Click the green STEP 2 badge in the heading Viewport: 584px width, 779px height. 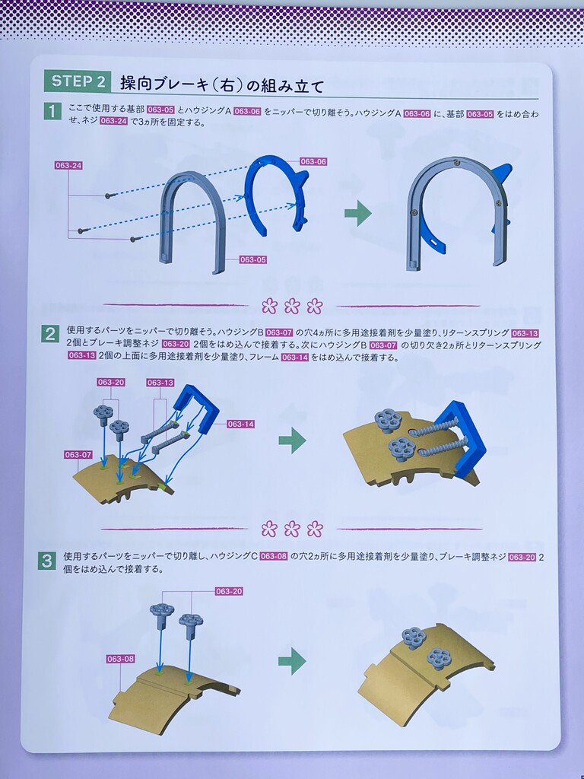coord(78,81)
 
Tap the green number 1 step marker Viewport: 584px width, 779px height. coord(52,111)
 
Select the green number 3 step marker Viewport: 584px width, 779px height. coord(46,561)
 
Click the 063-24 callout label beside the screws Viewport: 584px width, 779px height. coord(69,165)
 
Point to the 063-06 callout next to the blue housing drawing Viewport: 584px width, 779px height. coord(313,161)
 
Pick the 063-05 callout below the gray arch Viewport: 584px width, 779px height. coord(253,259)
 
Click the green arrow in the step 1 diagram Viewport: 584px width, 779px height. coord(358,214)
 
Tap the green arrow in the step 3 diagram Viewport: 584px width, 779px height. coord(292,661)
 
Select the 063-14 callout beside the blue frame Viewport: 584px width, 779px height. coord(241,424)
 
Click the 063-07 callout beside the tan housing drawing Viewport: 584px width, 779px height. coord(78,455)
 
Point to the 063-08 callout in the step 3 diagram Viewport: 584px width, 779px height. coord(121,659)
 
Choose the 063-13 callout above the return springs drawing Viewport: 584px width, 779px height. coord(160,383)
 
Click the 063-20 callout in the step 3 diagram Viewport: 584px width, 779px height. coord(229,591)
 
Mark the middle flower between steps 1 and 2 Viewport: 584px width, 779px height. coord(292,306)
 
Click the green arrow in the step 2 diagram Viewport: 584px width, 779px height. coord(292,440)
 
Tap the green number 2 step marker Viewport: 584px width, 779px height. coord(49,335)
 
